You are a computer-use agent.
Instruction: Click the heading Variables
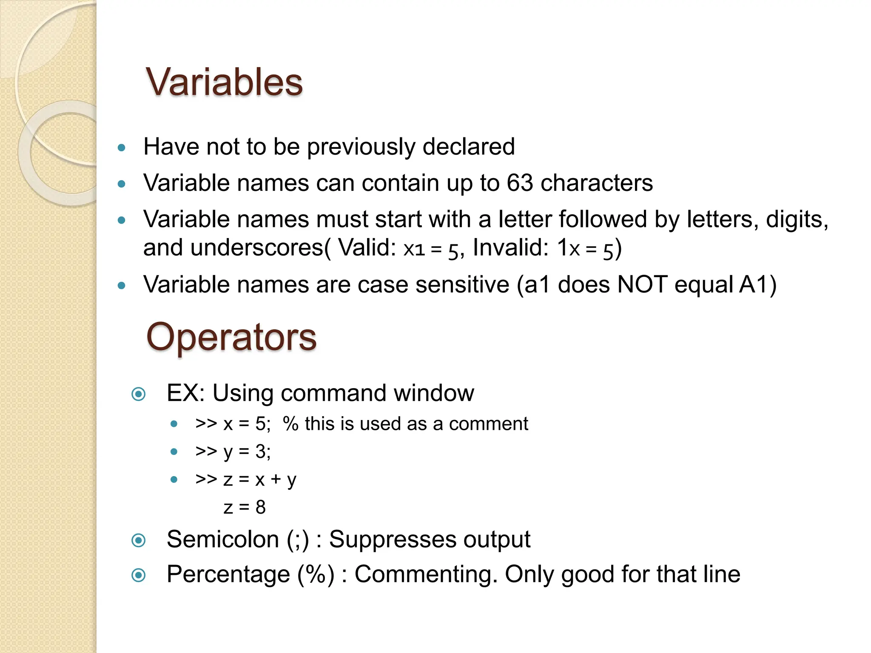pos(224,82)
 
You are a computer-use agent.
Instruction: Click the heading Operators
pos(231,337)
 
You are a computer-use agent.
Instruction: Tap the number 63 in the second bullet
pos(520,183)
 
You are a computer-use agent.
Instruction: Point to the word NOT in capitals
pos(642,284)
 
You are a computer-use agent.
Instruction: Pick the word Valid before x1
pos(367,247)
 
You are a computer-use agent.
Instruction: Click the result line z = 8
pos(245,507)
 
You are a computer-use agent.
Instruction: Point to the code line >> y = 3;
pos(233,451)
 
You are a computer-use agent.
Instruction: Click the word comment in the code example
pos(488,424)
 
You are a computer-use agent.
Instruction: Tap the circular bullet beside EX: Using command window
pos(139,394)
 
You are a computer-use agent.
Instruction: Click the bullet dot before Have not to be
pos(122,148)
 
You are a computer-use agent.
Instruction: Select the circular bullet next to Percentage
pos(139,576)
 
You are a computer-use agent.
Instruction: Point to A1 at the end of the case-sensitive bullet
pos(753,284)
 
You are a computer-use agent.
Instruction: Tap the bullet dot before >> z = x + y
pos(174,480)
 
